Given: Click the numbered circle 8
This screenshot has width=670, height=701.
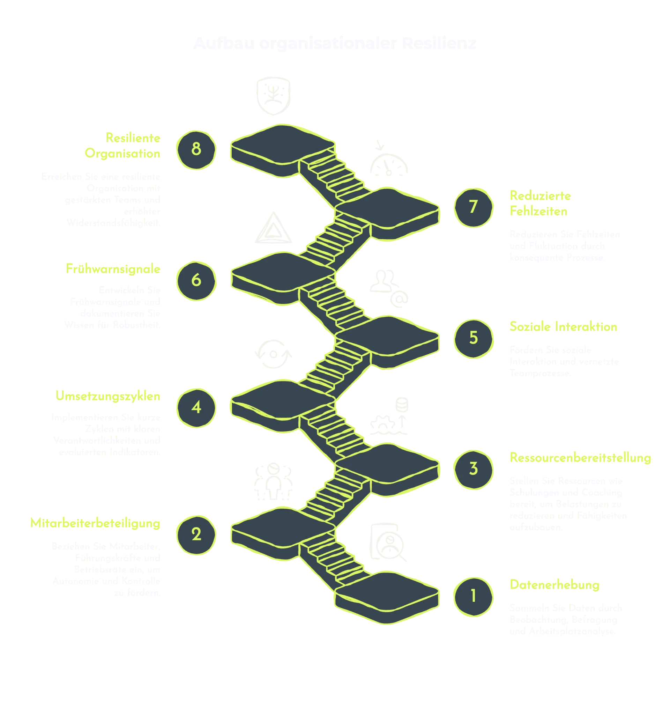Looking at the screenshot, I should (x=196, y=150).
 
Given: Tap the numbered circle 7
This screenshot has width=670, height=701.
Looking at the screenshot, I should (x=474, y=207).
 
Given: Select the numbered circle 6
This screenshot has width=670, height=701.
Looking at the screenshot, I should (x=196, y=281).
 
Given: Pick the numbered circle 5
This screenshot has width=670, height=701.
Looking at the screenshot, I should (x=474, y=338).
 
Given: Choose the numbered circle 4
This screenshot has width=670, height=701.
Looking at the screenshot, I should (x=196, y=408).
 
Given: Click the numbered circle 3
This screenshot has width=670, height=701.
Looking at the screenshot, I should (x=474, y=470).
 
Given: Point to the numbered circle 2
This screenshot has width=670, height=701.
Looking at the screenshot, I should (x=196, y=535).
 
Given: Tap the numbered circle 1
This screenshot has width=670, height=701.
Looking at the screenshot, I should (x=474, y=596).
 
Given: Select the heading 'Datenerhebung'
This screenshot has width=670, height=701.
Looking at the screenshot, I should (x=554, y=584).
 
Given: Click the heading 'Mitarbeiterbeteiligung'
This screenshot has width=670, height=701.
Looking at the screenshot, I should (x=96, y=523).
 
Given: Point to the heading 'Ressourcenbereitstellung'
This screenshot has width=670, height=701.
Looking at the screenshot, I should (x=580, y=458).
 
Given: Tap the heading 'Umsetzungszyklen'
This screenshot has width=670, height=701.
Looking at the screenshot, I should (x=108, y=396).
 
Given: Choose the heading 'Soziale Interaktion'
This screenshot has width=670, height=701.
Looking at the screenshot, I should (x=563, y=326).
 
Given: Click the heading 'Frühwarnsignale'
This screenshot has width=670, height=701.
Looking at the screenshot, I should (x=113, y=269).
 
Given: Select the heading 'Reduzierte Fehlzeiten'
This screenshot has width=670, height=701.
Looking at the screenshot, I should (x=539, y=204).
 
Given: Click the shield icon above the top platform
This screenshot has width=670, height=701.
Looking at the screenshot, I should (x=273, y=96).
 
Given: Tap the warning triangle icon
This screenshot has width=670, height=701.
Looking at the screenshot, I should (x=273, y=229).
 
